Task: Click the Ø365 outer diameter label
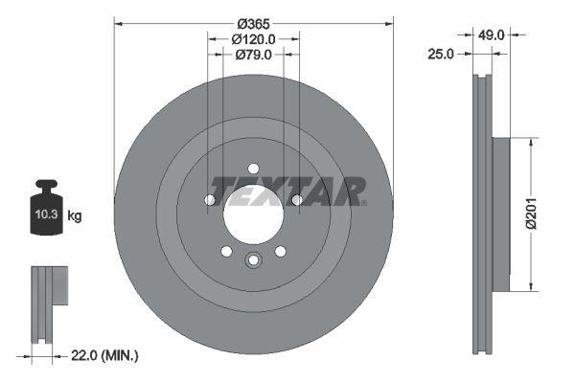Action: click(x=253, y=22)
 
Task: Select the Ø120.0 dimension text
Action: click(x=253, y=39)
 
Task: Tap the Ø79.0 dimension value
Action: click(x=253, y=56)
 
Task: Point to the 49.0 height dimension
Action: click(x=492, y=34)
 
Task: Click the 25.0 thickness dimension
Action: click(x=440, y=56)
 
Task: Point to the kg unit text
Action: click(x=75, y=216)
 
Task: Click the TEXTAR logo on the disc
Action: click(x=287, y=191)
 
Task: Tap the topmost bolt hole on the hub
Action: click(x=253, y=169)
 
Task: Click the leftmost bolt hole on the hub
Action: click(x=210, y=200)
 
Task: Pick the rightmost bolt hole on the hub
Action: click(x=296, y=200)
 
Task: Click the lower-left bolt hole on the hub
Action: click(x=226, y=251)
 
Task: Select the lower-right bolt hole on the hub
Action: click(x=280, y=251)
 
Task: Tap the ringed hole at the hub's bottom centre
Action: click(x=253, y=259)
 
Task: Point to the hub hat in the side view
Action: click(x=499, y=215)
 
